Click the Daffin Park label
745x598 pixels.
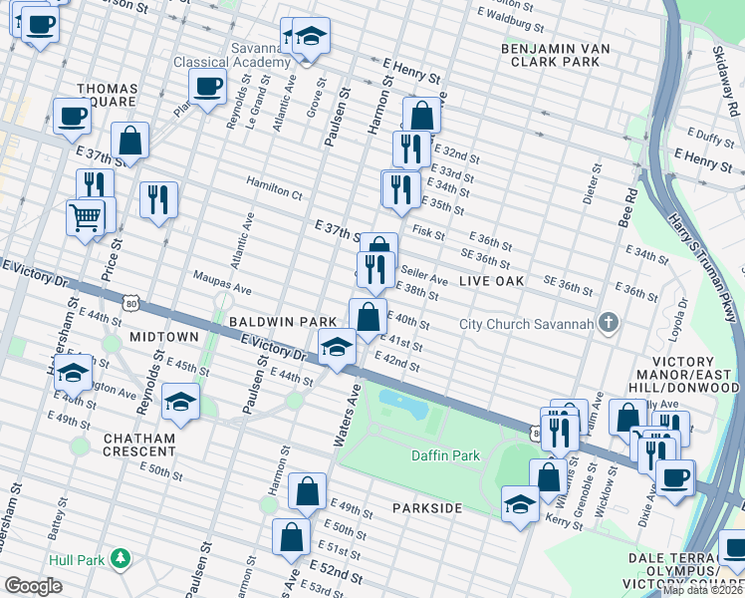click(x=445, y=455)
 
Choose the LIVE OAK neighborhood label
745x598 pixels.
click(x=491, y=282)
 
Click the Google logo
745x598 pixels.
click(x=33, y=586)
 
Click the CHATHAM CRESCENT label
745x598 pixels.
click(x=137, y=445)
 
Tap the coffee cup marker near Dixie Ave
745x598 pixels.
click(x=676, y=475)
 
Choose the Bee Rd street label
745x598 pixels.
click(x=624, y=203)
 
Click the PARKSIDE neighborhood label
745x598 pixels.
click(x=426, y=508)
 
